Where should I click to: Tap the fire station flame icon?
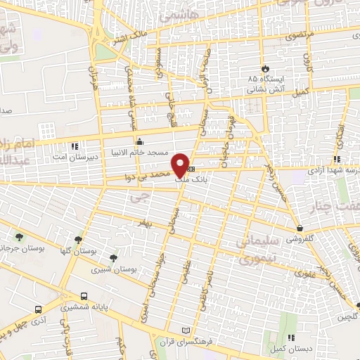tap(265, 68)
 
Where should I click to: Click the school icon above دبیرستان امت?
tap(75, 146)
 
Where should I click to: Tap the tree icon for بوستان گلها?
tap(79, 239)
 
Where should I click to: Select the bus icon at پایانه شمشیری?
tap(84, 296)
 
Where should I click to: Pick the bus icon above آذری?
tap(37, 308)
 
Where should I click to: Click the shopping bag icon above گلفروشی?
tap(300, 228)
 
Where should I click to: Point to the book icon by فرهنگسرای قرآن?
tap(186, 330)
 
